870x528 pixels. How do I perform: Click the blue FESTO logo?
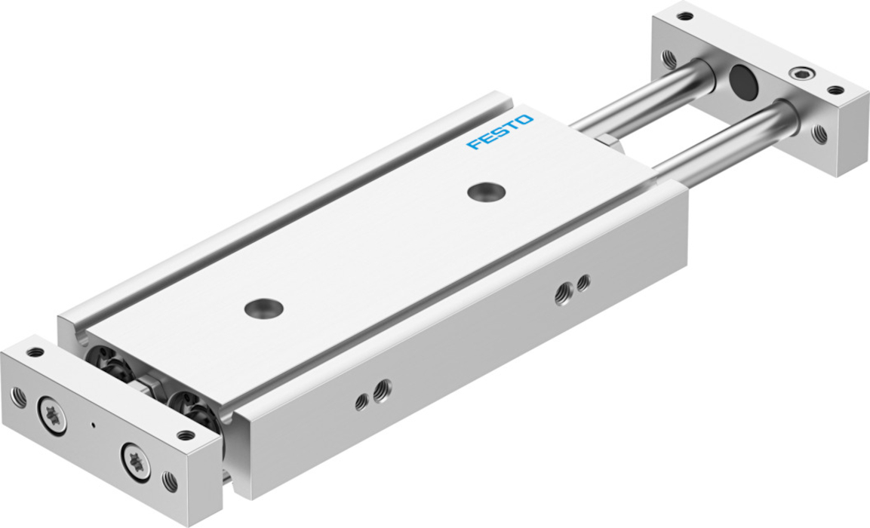coord(500,132)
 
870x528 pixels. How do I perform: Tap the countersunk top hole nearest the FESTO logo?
coord(486,192)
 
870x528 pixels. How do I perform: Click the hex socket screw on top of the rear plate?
coord(799,73)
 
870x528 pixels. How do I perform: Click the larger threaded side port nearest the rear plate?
coord(564,293)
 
